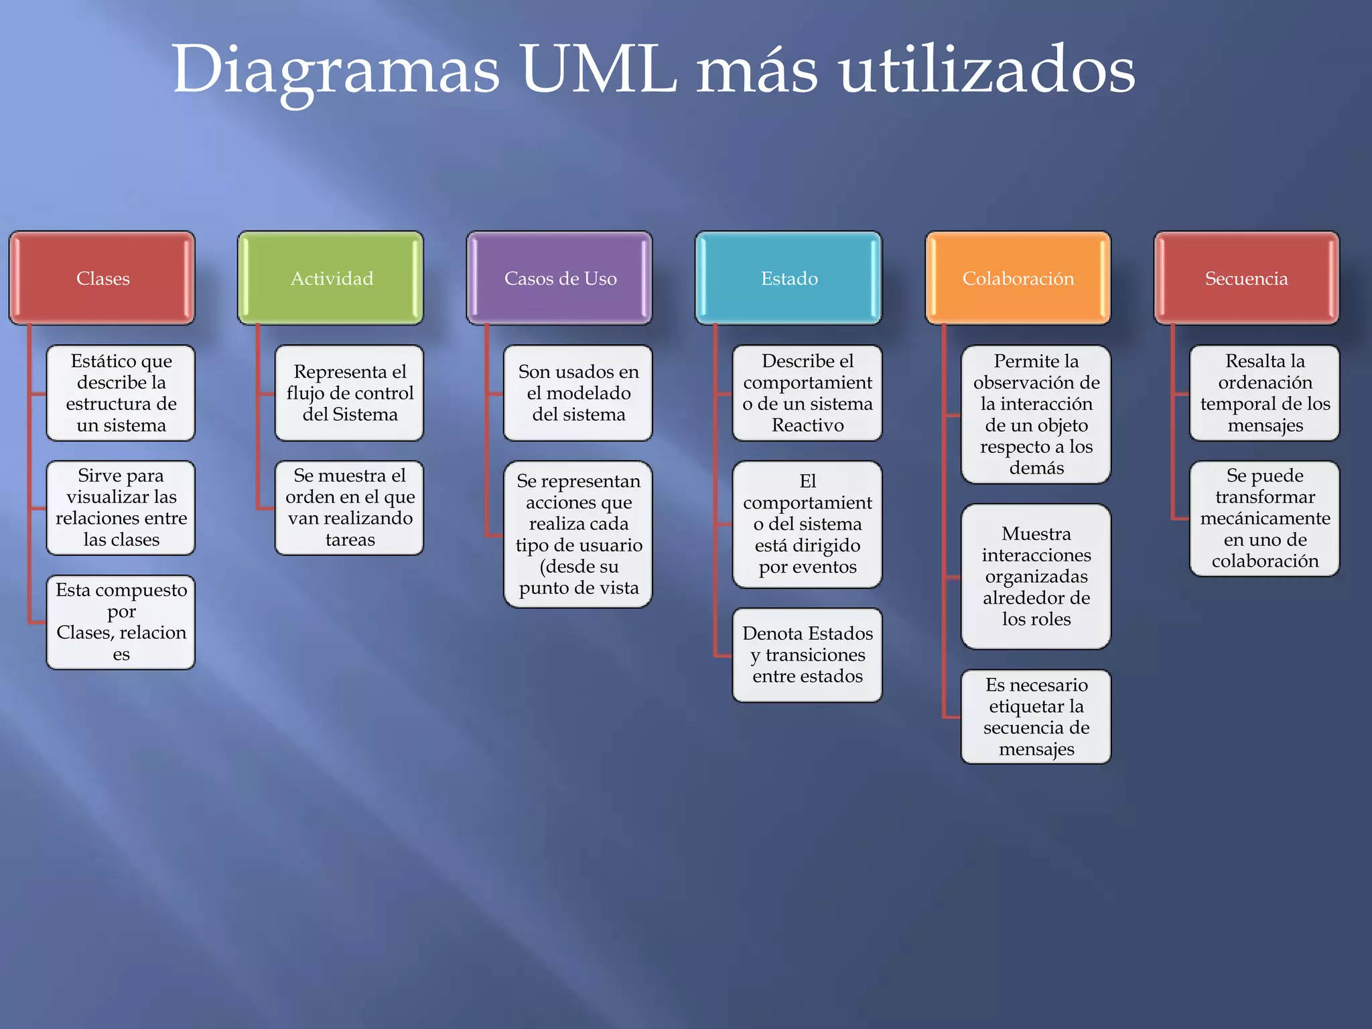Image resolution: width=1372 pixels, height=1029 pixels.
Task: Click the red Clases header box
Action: [x=102, y=278]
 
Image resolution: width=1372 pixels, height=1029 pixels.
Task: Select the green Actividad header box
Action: [x=331, y=278]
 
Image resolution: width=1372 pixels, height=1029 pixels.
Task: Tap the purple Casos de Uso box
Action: [x=560, y=278]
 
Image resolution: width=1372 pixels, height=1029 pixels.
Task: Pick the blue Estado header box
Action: [x=788, y=278]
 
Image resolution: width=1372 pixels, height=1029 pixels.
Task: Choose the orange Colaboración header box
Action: [x=1018, y=278]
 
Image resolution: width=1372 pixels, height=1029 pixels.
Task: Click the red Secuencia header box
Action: [x=1246, y=278]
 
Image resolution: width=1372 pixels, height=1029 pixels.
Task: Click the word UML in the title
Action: [x=598, y=69]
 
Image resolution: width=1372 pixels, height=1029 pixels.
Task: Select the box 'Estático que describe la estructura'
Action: [x=121, y=393]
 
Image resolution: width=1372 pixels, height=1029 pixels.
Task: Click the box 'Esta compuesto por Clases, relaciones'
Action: [x=121, y=622]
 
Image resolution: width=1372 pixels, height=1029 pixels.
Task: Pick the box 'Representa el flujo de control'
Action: [x=350, y=393]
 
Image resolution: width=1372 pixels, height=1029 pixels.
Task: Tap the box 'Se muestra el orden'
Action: [x=350, y=508]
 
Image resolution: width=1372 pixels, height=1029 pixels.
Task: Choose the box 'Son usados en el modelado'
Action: [x=578, y=393]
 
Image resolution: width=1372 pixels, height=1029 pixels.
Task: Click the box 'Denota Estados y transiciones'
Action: [x=807, y=655]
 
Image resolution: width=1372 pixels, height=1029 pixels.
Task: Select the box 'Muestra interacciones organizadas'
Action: [x=1036, y=576]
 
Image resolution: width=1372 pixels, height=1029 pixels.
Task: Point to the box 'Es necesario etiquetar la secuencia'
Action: [x=1036, y=717]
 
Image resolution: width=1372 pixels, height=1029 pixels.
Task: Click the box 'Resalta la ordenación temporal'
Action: [x=1265, y=393]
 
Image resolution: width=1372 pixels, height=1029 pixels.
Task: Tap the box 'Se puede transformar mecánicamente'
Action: [x=1265, y=518]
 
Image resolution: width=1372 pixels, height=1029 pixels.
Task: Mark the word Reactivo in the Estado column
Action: [x=807, y=425]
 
